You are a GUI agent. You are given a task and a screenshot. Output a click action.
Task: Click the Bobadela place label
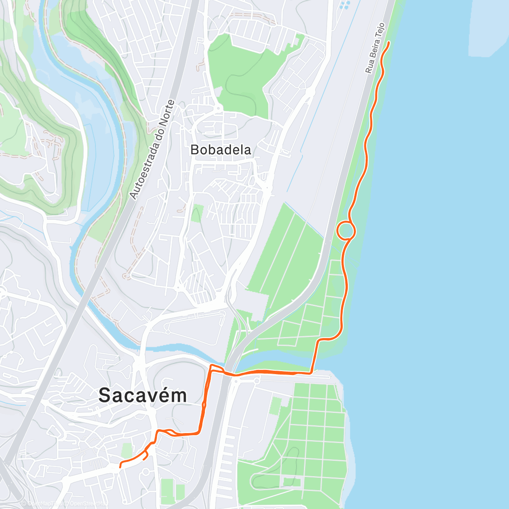[x=221, y=150]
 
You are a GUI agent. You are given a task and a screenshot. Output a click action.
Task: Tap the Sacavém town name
[x=143, y=395]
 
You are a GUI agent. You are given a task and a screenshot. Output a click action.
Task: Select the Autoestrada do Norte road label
[x=152, y=150]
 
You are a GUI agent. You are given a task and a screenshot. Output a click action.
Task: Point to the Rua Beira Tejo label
[x=375, y=48]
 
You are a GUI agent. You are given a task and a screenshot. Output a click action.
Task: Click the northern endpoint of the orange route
[x=389, y=42]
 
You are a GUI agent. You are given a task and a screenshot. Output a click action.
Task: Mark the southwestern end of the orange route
[x=120, y=467]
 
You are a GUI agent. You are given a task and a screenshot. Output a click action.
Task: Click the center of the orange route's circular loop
[x=346, y=231]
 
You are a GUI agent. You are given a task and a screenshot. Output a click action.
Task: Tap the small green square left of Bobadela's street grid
[x=196, y=213]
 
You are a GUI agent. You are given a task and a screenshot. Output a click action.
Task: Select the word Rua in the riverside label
[x=369, y=67]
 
